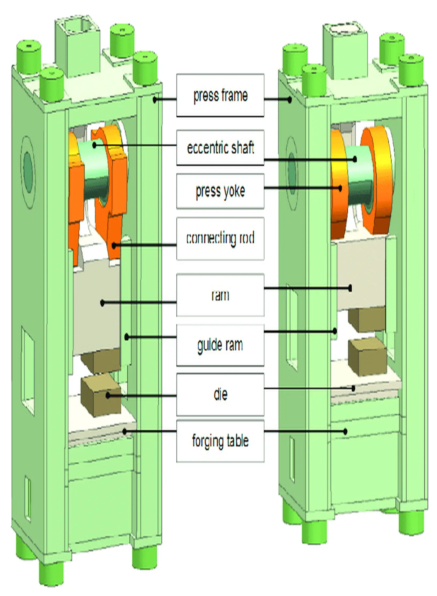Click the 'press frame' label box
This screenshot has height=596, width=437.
220,95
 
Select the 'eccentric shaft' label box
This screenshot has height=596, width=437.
220,148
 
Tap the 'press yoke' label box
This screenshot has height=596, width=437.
220,191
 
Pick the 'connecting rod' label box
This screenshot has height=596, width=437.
220,238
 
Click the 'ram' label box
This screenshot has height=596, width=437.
220,295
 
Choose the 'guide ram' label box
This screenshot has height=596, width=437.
220,345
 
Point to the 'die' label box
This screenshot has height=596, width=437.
220,394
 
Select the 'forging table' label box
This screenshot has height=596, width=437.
220,441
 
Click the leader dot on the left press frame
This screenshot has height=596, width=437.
155,100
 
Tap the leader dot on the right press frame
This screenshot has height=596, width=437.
290,100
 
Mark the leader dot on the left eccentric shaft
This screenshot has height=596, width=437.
94,145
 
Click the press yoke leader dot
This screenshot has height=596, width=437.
340,188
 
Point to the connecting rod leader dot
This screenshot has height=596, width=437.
114,245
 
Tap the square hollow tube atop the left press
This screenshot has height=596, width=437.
78,44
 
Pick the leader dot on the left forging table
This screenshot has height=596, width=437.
124,431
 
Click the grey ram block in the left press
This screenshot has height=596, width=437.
96,310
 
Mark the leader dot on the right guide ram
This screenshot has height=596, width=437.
335,331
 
